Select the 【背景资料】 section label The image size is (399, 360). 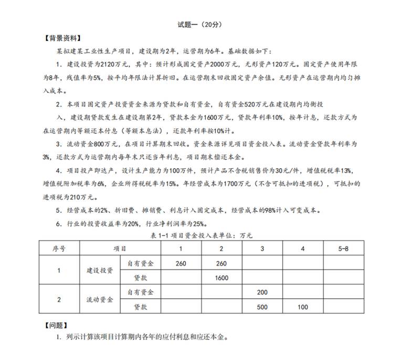point(62,38)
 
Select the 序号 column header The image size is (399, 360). point(58,248)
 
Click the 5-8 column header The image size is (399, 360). point(343,248)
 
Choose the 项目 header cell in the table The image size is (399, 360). point(120,248)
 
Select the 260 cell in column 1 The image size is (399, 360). point(181,263)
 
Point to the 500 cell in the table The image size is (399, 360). point(262,306)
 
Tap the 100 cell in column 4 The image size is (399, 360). point(302,306)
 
